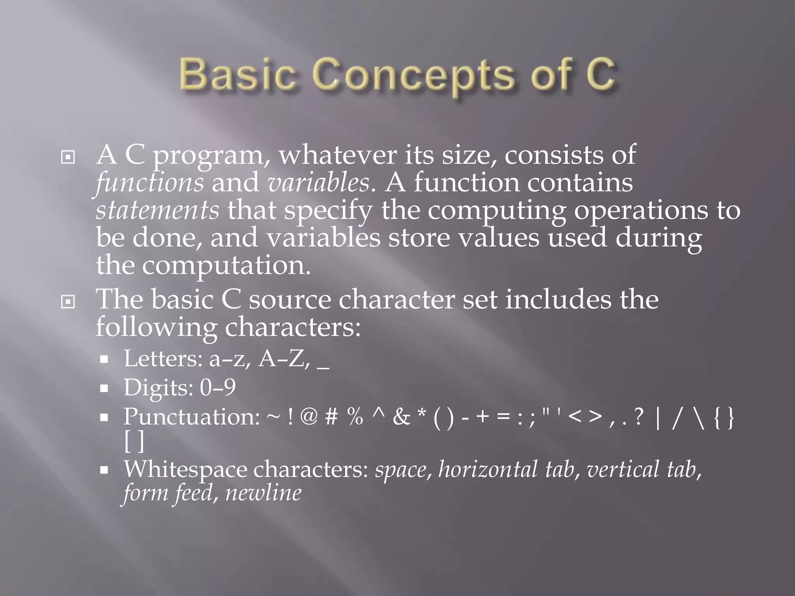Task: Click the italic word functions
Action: [149, 182]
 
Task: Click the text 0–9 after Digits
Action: [218, 387]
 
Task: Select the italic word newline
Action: [263, 493]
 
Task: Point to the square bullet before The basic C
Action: [68, 301]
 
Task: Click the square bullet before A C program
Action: [68, 157]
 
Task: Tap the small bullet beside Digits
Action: [104, 388]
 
